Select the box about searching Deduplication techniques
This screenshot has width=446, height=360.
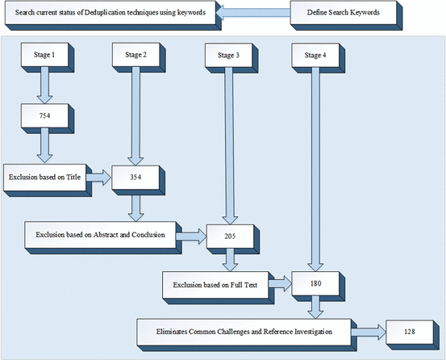point(110,14)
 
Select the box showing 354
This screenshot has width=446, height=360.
point(135,178)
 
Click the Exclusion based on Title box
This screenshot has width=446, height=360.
point(46,176)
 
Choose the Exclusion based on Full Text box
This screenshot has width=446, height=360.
point(215,284)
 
